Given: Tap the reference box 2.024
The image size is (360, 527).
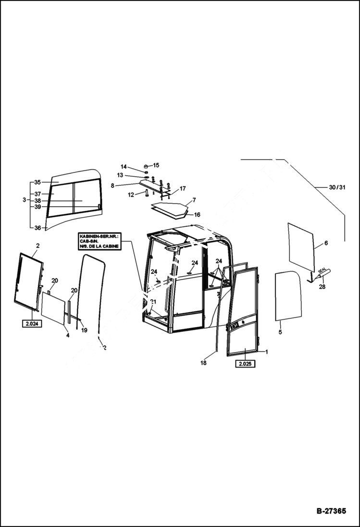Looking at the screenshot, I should pyautogui.click(x=32, y=324).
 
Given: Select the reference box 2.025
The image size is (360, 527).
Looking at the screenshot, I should pyautogui.click(x=245, y=364).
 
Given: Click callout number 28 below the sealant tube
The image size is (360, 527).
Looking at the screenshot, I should pyautogui.click(x=322, y=287).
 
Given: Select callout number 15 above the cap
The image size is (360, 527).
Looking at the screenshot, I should pyautogui.click(x=156, y=165).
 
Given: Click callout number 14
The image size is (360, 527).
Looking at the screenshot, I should pyautogui.click(x=124, y=167).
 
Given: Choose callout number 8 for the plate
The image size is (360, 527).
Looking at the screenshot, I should pyautogui.click(x=112, y=185).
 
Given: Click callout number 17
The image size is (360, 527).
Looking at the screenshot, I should pyautogui.click(x=183, y=188).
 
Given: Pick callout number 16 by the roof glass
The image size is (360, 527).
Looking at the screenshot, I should pyautogui.click(x=197, y=215).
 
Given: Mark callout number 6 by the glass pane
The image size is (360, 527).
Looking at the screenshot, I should pyautogui.click(x=326, y=243).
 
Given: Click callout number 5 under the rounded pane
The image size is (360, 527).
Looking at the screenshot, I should pyautogui.click(x=280, y=331).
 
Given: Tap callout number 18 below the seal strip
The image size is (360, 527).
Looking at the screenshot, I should pyautogui.click(x=203, y=363).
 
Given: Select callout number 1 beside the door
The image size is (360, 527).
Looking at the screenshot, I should pyautogui.click(x=267, y=352).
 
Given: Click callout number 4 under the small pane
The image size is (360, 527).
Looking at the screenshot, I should pyautogui.click(x=68, y=335).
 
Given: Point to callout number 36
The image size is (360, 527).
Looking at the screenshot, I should pyautogui.click(x=37, y=228).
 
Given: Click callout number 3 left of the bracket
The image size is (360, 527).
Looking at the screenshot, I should pyautogui.click(x=24, y=199).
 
